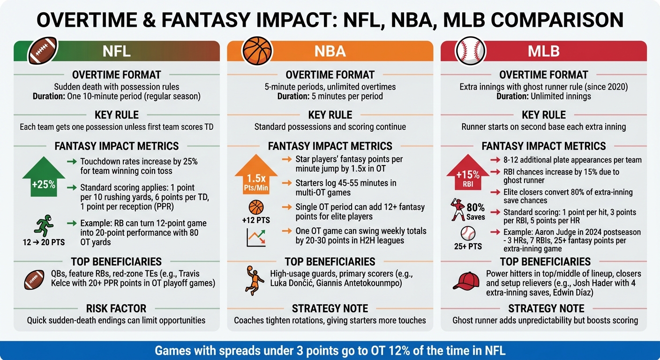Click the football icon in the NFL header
click(x=43, y=51)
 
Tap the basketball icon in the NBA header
click(x=257, y=51)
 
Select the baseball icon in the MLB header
click(x=471, y=51)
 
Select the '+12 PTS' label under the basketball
click(x=256, y=220)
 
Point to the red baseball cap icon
click(x=466, y=280)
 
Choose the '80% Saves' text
click(x=475, y=212)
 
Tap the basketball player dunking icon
click(x=253, y=279)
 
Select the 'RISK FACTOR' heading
click(x=116, y=308)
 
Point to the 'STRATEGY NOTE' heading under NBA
click(x=330, y=308)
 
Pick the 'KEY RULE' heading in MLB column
click(x=544, y=115)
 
